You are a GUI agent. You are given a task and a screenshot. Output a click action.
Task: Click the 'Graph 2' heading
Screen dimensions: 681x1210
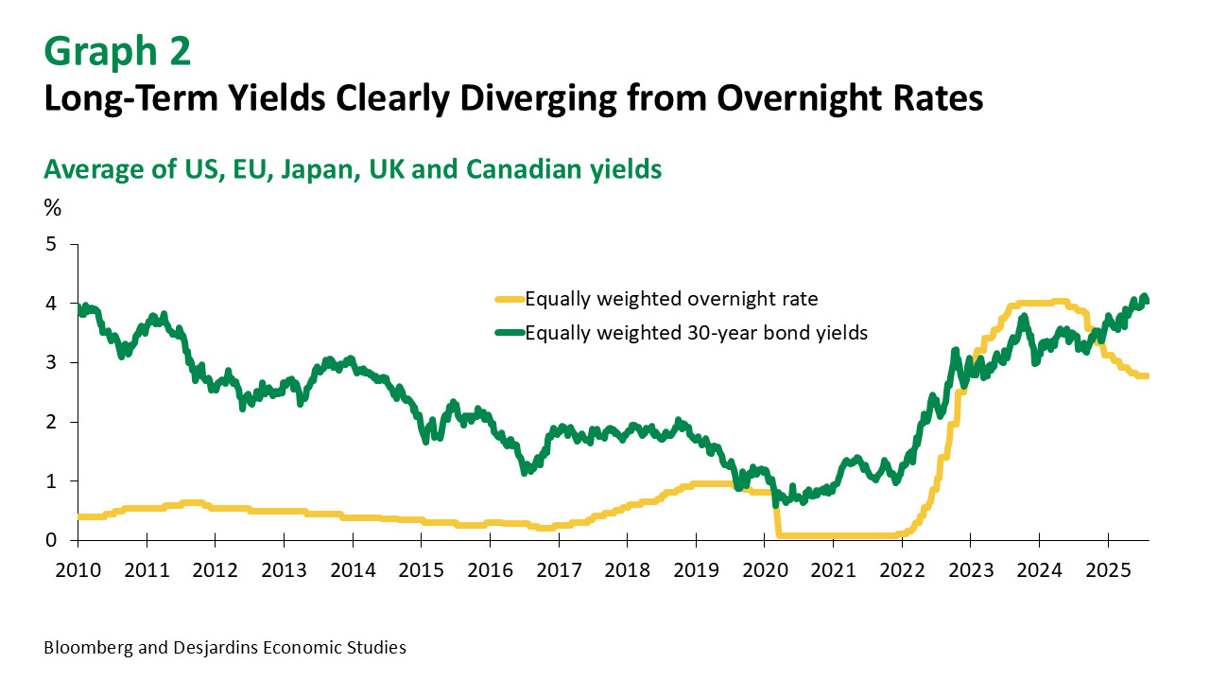coord(117,52)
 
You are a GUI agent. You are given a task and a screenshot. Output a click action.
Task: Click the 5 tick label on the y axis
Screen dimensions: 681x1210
coord(51,245)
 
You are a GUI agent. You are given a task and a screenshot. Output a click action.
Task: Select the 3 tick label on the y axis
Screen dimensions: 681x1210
coord(51,363)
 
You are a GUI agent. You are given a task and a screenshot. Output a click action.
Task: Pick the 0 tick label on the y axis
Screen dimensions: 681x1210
coord(51,540)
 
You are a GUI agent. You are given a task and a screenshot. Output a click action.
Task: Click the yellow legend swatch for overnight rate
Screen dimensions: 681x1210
coord(510,300)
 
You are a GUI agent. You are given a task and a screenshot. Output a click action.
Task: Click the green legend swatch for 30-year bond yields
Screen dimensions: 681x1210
coord(510,332)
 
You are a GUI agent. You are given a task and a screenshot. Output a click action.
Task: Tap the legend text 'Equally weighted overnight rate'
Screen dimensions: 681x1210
coord(671,300)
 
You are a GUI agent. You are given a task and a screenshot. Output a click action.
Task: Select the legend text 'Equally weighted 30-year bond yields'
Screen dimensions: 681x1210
coord(696,332)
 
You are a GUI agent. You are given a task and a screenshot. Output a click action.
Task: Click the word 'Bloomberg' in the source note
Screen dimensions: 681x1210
coord(86,648)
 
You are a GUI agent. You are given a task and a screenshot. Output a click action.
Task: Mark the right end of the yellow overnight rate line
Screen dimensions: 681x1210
coord(1148,376)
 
